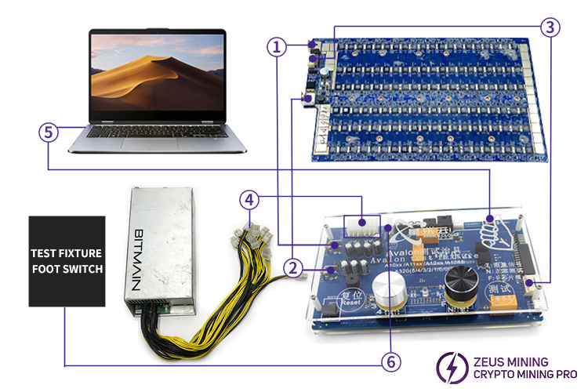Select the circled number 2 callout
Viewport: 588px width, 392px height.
(x=293, y=268)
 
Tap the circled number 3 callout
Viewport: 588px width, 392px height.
(x=551, y=27)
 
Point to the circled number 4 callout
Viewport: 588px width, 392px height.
(x=249, y=201)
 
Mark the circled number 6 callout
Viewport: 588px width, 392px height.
(x=390, y=361)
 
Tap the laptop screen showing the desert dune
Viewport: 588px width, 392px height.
(x=157, y=75)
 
